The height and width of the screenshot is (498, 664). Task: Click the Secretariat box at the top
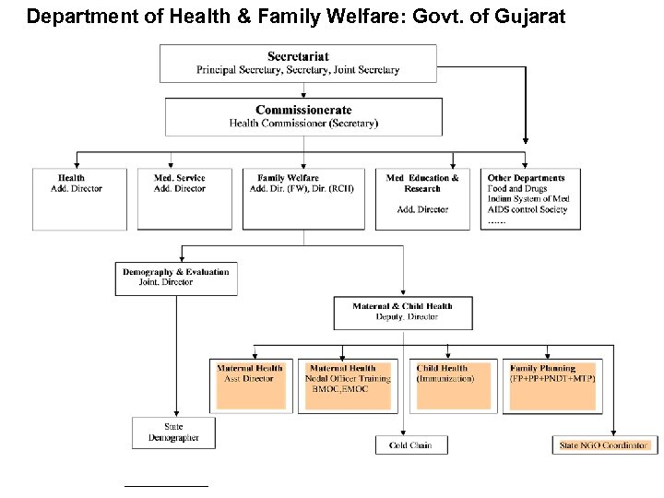pos(298,63)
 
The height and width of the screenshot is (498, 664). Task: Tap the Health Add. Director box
pos(79,198)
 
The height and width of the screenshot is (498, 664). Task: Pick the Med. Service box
pos(184,198)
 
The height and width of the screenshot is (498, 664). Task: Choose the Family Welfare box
pos(303,198)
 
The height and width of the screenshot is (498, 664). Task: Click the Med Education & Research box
pos(422,198)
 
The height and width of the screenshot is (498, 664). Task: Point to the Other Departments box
pos(530,198)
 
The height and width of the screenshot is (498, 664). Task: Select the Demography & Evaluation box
pos(176,278)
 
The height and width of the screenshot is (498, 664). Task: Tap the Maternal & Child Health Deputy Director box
pos(403,312)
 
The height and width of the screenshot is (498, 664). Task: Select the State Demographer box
pos(173,433)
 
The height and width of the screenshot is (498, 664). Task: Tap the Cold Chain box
pos(410,445)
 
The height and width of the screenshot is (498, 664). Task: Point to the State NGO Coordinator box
pos(604,445)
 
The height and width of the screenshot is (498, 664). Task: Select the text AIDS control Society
pos(528,209)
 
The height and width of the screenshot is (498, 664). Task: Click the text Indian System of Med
pos(528,199)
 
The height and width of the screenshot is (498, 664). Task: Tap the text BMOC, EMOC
pos(339,389)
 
